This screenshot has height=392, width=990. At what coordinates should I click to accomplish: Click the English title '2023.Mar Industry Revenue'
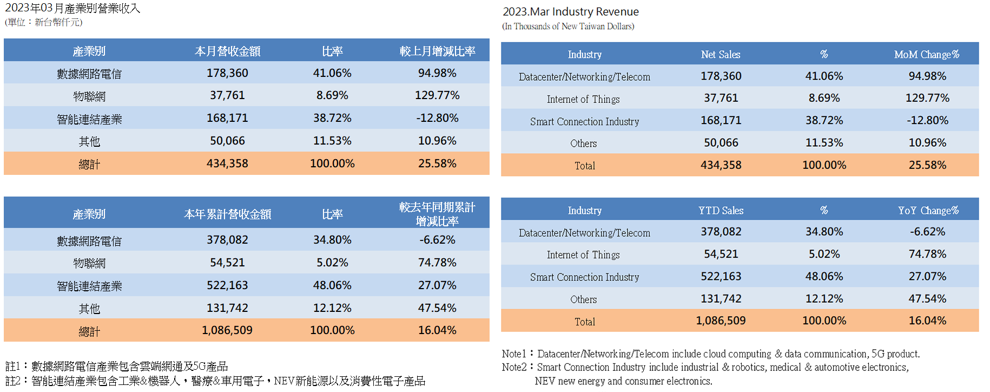pyautogui.click(x=571, y=12)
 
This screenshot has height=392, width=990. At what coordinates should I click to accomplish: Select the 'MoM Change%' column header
pyautogui.click(x=926, y=54)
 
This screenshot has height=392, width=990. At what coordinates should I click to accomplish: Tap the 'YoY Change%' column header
pyautogui.click(x=928, y=210)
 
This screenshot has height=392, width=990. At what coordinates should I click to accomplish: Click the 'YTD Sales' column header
pyautogui.click(x=721, y=210)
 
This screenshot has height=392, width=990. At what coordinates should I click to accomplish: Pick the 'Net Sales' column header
pyautogui.click(x=721, y=54)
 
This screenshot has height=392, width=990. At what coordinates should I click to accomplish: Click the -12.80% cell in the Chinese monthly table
pyautogui.click(x=437, y=118)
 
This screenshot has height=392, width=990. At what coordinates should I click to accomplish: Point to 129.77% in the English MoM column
pyautogui.click(x=927, y=98)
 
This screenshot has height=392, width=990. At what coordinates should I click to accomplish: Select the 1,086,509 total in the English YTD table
pyautogui.click(x=721, y=321)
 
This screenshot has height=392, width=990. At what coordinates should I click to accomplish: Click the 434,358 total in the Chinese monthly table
pyautogui.click(x=227, y=164)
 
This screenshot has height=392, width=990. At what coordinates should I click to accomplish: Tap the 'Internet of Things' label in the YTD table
pyautogui.click(x=583, y=254)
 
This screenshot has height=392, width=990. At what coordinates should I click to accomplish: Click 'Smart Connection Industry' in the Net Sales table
pyautogui.click(x=584, y=121)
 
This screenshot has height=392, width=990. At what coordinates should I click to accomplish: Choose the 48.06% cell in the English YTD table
pyautogui.click(x=824, y=277)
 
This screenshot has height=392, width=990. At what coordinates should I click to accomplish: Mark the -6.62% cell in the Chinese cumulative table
pyautogui.click(x=437, y=240)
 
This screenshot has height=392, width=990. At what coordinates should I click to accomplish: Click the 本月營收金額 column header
pyautogui.click(x=227, y=51)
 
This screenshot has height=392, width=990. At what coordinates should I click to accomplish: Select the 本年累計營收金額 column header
pyautogui.click(x=227, y=214)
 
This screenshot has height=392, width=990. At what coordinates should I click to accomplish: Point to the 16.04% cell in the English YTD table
pyautogui.click(x=927, y=321)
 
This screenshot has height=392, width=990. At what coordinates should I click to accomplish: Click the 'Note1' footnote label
pyautogui.click(x=513, y=354)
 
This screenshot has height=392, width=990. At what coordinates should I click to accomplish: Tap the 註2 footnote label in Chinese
pyautogui.click(x=13, y=381)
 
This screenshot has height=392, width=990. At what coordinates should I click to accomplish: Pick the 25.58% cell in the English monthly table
pyautogui.click(x=927, y=165)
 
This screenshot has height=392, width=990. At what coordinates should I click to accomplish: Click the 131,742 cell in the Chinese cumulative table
pyautogui.click(x=227, y=308)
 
